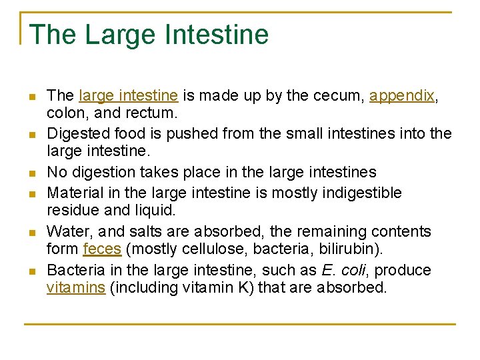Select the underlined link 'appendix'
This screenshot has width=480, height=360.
[x=401, y=95]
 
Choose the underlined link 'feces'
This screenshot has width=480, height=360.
[x=102, y=250]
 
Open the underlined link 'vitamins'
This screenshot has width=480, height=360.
[x=76, y=289]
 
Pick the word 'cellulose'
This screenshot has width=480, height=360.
[x=204, y=250]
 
